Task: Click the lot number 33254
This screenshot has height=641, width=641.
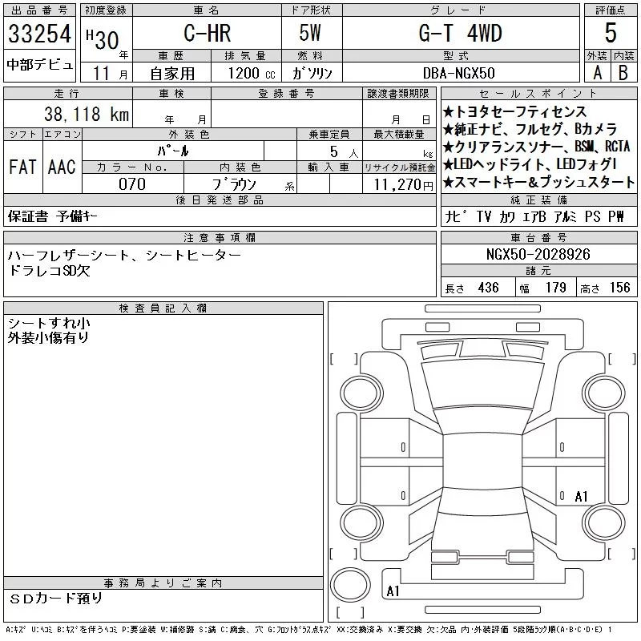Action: (x=39, y=34)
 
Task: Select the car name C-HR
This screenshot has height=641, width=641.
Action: (x=208, y=33)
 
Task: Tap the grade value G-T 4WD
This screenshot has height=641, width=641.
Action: (x=460, y=33)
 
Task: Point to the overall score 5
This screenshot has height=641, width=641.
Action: (x=611, y=33)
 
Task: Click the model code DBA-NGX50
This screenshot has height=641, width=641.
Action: (x=458, y=73)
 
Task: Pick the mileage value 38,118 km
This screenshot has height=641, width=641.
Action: (x=87, y=114)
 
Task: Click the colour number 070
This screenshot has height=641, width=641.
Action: (x=132, y=184)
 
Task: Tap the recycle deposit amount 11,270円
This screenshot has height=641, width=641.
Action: (x=403, y=185)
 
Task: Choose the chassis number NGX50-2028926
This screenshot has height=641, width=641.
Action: (x=538, y=254)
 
